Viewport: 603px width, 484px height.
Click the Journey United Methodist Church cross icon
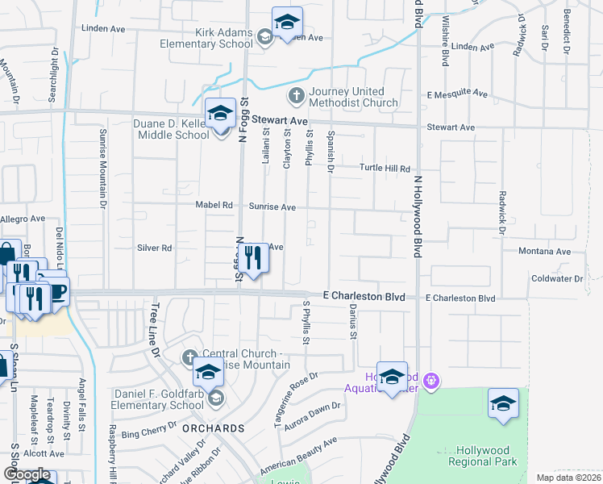coord(296,96)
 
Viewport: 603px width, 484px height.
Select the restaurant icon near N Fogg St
coord(254,258)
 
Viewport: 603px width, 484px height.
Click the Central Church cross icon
coord(189,357)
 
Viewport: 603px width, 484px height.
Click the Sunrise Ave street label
coord(272,207)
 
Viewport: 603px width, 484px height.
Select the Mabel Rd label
coord(214,205)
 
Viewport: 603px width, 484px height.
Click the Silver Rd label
coord(155,248)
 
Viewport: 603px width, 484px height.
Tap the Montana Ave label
coord(544,252)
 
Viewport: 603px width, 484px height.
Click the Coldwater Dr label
coord(556,278)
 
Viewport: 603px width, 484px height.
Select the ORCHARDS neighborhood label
coord(213,428)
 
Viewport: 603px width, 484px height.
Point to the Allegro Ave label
coord(23,219)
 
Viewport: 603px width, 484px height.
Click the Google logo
coord(27,474)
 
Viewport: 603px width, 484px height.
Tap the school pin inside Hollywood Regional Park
coord(503,403)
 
